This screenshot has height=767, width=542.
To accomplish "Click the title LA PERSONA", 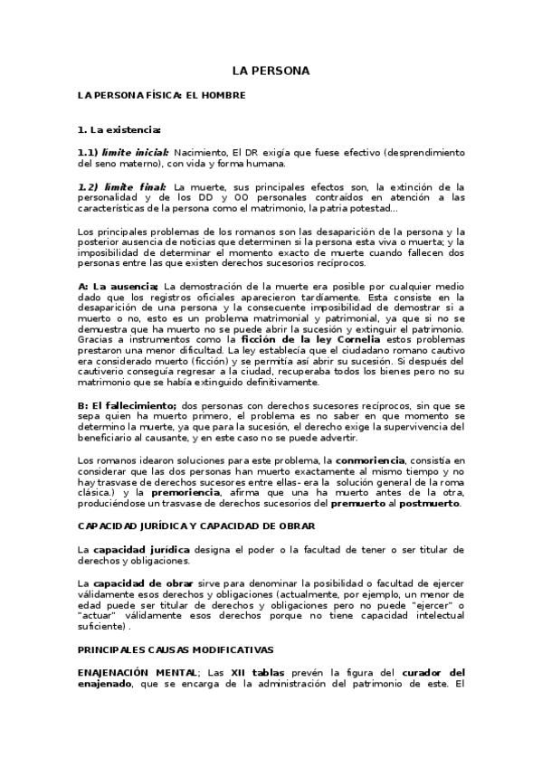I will point(271,70).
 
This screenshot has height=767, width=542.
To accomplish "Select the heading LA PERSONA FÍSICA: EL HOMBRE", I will point(161,94).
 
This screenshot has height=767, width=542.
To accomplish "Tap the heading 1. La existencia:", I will point(119,129).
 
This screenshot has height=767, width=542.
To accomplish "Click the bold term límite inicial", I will point(135,153).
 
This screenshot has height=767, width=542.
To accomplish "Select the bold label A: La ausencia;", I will point(119,287).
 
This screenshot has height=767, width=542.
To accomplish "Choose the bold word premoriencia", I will point(191,493).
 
